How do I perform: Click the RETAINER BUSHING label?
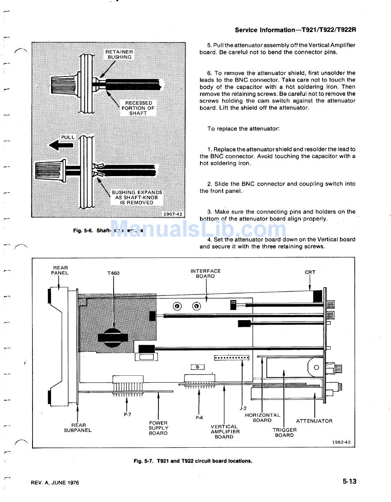pos(119,55)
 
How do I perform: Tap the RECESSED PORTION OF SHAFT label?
pos(138,108)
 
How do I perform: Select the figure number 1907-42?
pos(173,214)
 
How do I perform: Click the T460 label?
pos(113,273)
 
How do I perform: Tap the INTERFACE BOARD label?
pos(205,274)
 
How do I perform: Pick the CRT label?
pos(310,272)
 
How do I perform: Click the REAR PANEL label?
pos(60,270)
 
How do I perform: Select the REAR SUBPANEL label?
pos(78,428)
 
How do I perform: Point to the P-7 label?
pos(128,414)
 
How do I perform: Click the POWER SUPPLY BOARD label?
pos(158,428)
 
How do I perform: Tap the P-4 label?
pos(199,418)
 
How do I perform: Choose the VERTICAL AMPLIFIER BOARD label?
pos(225,432)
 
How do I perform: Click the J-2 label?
pos(243,408)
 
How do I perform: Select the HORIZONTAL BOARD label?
pos(263,418)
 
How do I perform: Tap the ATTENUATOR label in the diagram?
pos(314,421)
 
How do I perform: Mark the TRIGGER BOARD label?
pos(284,432)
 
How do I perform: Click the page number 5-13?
pos(349,481)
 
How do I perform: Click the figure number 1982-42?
pos(342,442)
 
